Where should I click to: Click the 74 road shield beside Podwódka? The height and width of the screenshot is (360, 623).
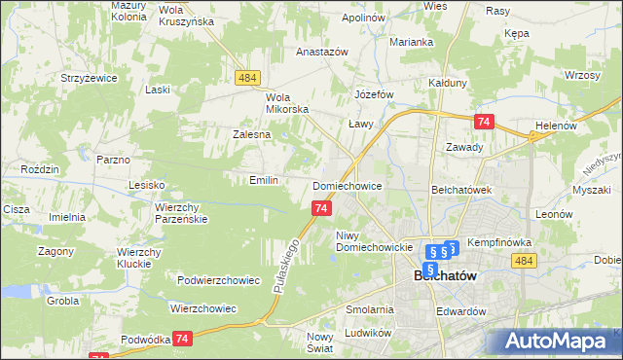182,338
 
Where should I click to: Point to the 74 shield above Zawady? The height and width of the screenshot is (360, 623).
484,122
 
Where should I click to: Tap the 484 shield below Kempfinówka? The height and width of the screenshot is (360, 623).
525,261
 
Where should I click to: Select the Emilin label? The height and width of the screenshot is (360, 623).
264,180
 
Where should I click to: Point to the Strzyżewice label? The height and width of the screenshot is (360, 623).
88,77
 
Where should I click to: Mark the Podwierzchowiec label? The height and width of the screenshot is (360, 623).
218,280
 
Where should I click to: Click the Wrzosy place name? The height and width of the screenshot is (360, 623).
580,76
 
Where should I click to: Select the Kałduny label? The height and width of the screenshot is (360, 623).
448,84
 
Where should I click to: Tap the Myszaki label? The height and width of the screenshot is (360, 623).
592,191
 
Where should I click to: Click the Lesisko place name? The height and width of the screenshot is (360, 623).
148,184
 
